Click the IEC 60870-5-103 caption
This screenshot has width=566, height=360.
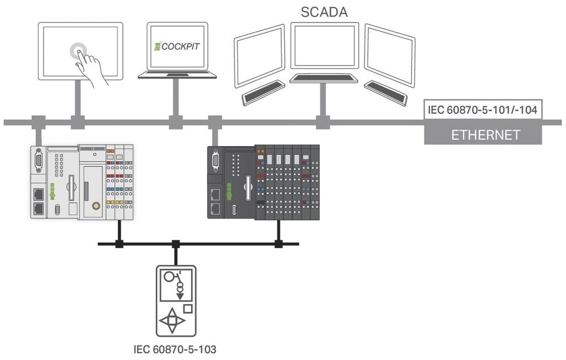[x=175, y=349]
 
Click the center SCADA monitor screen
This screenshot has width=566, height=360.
[x=324, y=46]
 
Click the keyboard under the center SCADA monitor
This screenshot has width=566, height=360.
[x=324, y=78]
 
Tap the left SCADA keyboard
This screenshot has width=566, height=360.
[x=264, y=93]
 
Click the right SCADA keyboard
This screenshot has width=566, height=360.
[x=385, y=93]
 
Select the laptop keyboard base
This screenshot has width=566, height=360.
[x=177, y=74]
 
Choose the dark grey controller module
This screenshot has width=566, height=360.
[x=263, y=182]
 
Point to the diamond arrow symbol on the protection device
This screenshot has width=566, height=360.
[x=173, y=321]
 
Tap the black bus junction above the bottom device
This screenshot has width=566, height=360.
[x=175, y=244]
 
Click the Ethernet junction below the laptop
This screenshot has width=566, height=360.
[x=175, y=121]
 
